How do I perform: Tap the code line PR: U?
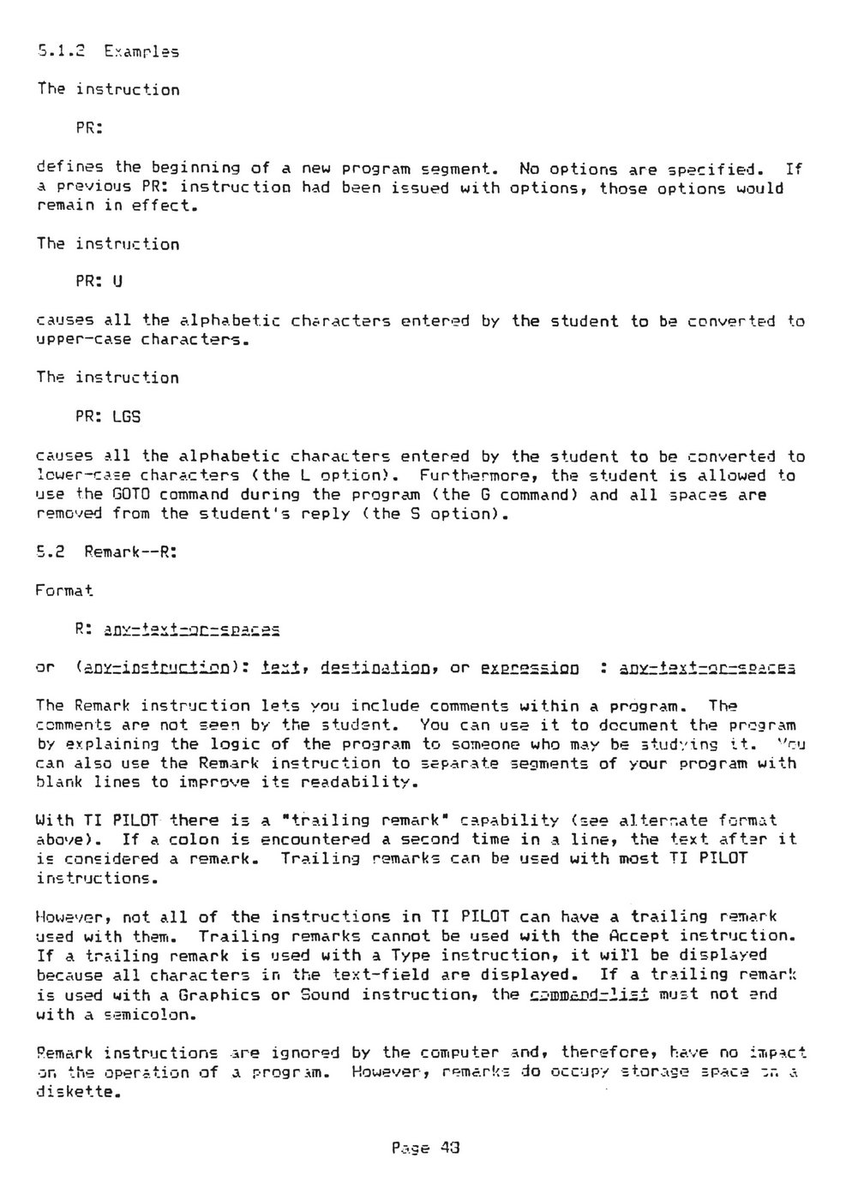tap(99, 283)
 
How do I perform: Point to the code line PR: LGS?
tap(109, 417)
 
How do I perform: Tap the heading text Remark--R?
tap(130, 552)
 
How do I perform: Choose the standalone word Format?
tap(65, 591)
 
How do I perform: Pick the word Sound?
tap(325, 994)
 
